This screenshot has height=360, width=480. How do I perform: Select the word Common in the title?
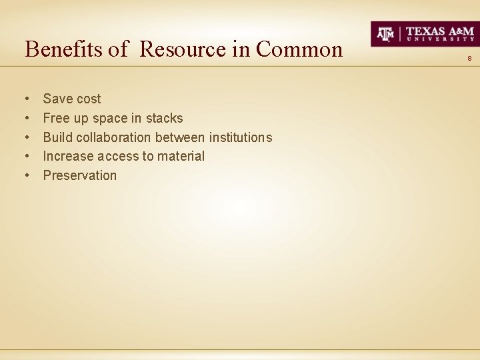(x=299, y=49)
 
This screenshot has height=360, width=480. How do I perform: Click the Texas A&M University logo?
(x=425, y=33)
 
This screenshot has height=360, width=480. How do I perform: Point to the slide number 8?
(x=469, y=59)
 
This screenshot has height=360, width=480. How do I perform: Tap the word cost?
(x=87, y=99)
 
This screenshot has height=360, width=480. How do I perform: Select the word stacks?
(x=164, y=118)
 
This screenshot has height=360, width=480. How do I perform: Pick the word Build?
(x=57, y=137)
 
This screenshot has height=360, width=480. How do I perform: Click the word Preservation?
(x=80, y=175)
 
